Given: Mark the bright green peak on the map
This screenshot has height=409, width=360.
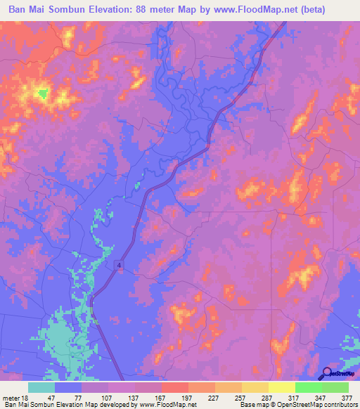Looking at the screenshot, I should click(42, 92).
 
